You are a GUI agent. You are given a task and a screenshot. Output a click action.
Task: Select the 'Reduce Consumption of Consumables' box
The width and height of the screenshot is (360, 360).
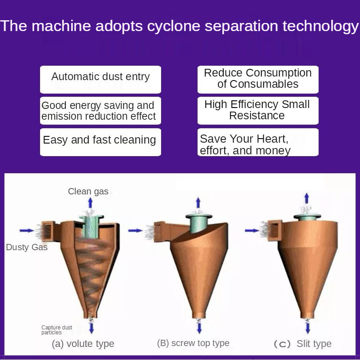258,79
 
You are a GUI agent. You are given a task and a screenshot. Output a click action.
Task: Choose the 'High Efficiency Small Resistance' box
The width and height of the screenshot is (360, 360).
258,111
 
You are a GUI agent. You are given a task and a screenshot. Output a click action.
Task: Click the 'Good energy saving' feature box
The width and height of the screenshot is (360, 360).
100,111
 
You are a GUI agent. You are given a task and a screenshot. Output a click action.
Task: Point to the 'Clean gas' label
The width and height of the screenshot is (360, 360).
88,191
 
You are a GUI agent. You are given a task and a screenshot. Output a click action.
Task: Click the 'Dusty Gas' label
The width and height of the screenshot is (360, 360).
27,247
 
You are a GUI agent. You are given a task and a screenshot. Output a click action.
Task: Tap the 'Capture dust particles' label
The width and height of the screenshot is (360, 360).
57,330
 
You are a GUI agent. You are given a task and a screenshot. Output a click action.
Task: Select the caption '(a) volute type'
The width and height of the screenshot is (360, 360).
83,344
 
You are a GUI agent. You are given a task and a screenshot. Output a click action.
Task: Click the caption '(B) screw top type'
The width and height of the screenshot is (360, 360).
193,343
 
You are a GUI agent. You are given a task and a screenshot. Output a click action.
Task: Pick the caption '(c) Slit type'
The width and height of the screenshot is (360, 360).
302,344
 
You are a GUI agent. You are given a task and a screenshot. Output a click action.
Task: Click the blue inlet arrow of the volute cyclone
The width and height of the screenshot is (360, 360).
27,230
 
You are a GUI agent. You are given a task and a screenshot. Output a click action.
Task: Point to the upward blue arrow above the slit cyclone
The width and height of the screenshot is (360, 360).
306,198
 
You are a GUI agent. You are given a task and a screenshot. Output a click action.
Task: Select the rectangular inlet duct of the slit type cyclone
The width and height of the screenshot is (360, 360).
274,230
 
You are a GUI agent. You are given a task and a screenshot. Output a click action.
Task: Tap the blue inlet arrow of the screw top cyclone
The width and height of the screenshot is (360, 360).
135,230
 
